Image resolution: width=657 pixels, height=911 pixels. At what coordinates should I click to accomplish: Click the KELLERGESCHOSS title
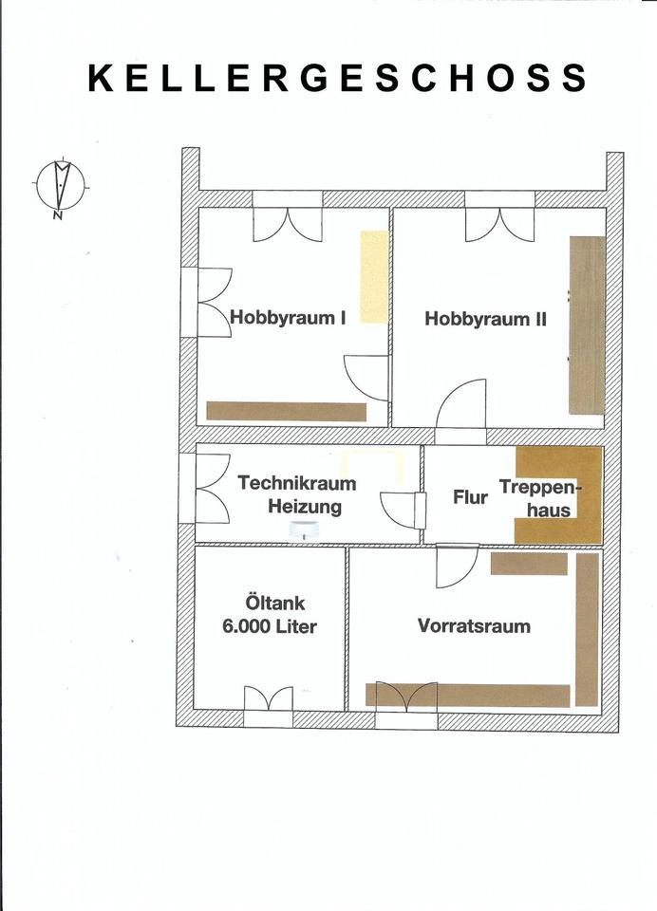point(337,78)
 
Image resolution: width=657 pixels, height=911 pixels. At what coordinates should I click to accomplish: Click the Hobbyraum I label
point(288,318)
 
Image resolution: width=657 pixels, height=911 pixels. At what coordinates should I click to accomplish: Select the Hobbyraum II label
point(485,319)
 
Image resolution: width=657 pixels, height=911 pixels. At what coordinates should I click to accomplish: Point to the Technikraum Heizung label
point(297,494)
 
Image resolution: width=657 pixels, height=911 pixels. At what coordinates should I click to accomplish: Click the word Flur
point(470,496)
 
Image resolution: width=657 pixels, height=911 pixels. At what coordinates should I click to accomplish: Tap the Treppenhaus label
point(539,498)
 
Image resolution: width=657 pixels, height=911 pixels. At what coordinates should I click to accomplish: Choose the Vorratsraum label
point(474,625)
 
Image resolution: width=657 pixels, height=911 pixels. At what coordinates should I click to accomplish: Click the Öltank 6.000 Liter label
point(270,614)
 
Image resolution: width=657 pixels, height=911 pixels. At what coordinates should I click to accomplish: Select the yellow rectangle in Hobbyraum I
point(374,276)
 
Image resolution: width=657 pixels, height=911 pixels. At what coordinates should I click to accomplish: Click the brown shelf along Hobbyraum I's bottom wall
point(287,411)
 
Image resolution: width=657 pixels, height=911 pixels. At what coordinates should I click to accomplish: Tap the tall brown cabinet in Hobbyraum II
point(587,325)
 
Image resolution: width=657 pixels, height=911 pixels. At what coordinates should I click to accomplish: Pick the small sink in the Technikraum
point(304,530)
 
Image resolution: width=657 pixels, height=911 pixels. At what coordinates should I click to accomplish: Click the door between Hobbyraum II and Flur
point(461,406)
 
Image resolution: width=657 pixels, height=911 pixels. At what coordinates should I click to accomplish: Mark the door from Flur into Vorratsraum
point(457,566)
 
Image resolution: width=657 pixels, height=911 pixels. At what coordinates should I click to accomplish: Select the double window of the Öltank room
point(268,706)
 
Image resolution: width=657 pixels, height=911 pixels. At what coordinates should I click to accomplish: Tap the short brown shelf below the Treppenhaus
point(529,564)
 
